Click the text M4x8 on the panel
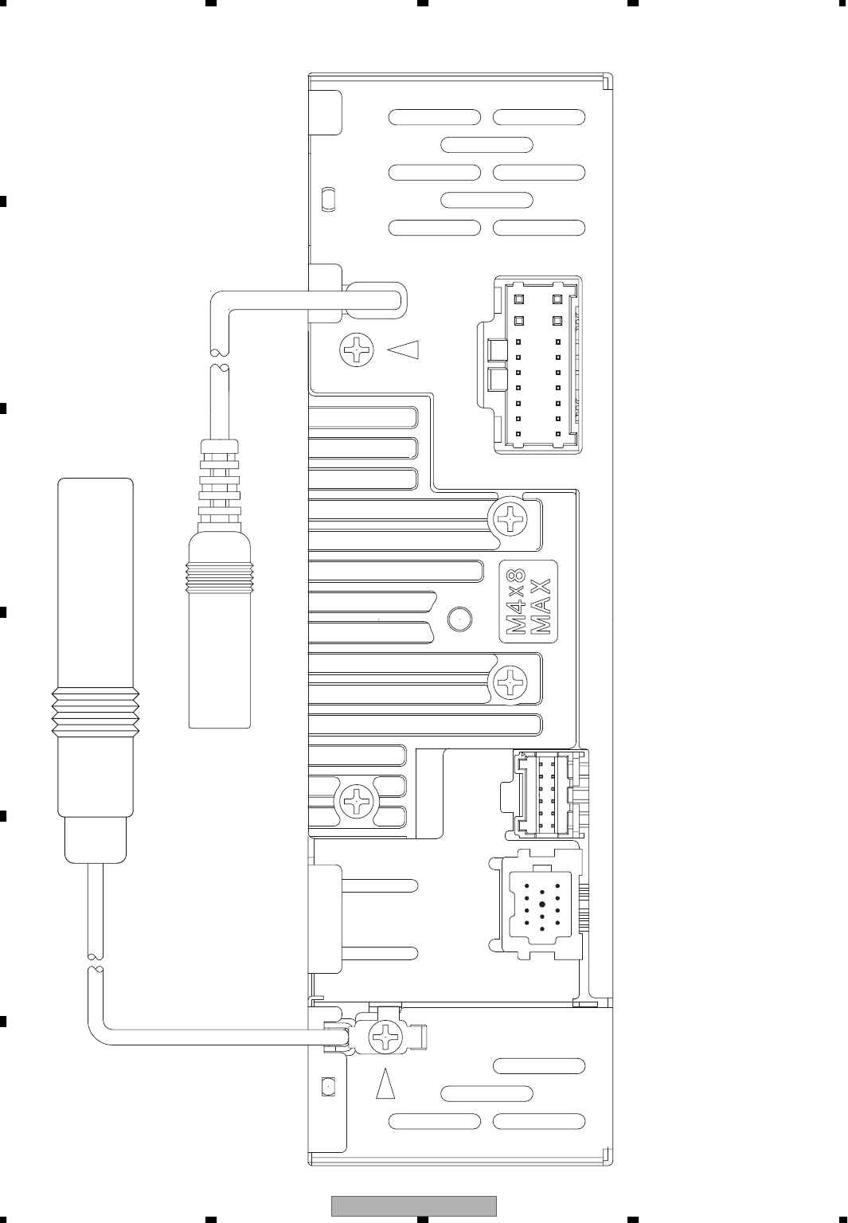[x=516, y=602]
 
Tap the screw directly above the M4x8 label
[x=511, y=521]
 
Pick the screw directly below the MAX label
[x=511, y=682]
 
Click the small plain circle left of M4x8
[x=459, y=618]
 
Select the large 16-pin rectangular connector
[x=538, y=365]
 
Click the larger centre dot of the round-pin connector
[x=541, y=905]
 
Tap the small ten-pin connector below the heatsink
[x=543, y=794]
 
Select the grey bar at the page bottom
[x=414, y=1205]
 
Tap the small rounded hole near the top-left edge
[x=328, y=198]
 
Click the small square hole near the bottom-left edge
[x=327, y=1086]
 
